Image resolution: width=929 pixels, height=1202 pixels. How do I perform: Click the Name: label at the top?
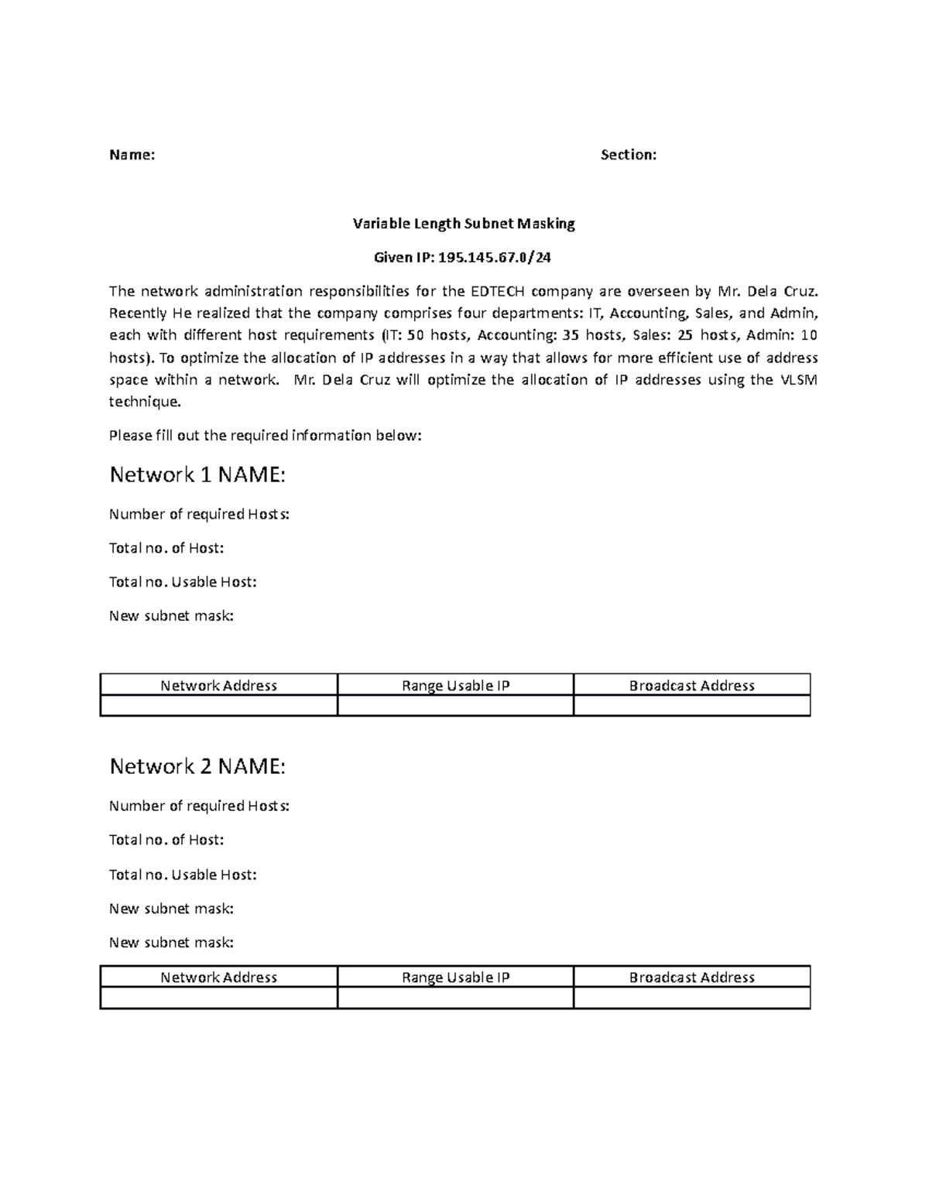132,155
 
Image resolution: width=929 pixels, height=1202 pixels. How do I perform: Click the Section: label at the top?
628,155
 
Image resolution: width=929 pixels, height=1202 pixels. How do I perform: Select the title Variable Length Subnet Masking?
464,224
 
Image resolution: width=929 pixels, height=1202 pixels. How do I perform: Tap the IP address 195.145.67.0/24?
495,257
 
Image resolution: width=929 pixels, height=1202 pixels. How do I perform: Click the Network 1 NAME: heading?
197,474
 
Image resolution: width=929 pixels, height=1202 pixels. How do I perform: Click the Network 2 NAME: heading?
197,766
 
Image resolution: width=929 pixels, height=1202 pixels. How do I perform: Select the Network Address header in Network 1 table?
218,685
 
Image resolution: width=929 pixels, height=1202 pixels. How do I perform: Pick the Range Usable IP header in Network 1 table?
455,685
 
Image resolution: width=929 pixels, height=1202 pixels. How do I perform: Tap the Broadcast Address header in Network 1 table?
691,685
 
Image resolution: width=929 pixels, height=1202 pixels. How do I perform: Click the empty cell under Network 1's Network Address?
218,705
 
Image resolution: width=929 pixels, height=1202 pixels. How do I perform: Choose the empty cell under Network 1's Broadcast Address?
691,705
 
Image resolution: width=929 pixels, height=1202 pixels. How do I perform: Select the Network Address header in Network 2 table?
218,977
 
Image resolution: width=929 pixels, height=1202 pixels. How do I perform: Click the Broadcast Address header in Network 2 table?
691,977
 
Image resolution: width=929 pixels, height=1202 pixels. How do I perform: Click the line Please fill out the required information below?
265,435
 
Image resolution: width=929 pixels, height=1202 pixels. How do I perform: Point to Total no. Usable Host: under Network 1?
183,582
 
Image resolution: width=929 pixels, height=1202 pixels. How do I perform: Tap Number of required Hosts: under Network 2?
199,806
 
